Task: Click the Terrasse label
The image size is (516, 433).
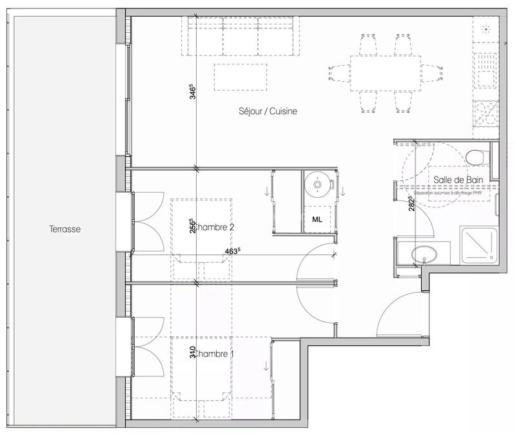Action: (x=64, y=229)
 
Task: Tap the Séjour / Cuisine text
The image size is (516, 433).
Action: (x=266, y=111)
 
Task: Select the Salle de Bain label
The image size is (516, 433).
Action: (x=454, y=180)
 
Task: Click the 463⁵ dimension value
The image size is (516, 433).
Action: (x=233, y=251)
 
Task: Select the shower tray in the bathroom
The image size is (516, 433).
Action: (x=478, y=245)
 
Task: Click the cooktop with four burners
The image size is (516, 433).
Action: (x=486, y=114)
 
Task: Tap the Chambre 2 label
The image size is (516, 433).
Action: (x=213, y=227)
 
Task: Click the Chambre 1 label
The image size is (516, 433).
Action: (x=213, y=354)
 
